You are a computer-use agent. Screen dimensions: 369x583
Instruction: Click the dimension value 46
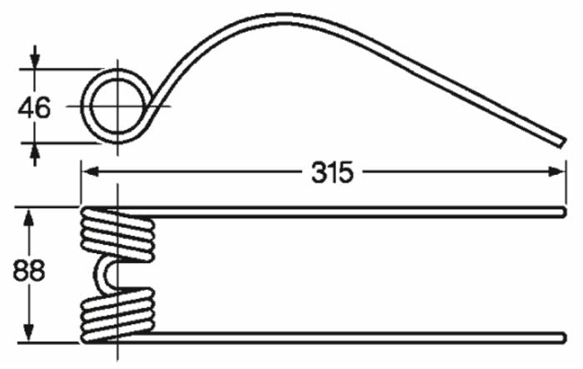click(x=33, y=107)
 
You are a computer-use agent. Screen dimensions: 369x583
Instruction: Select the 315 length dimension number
click(x=332, y=172)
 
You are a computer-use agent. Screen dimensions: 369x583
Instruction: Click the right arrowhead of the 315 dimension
click(x=556, y=172)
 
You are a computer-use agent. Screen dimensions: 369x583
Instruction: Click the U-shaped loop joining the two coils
click(x=107, y=274)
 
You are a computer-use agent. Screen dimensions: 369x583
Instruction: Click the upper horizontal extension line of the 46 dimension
click(x=62, y=68)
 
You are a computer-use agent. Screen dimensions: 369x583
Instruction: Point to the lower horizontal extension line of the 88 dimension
click(x=50, y=342)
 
